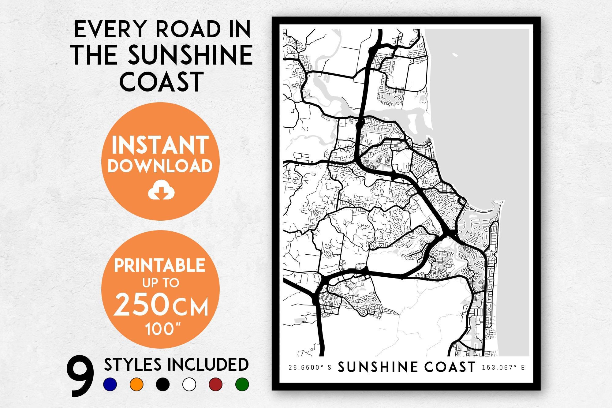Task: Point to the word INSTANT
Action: pyautogui.click(x=160, y=146)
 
